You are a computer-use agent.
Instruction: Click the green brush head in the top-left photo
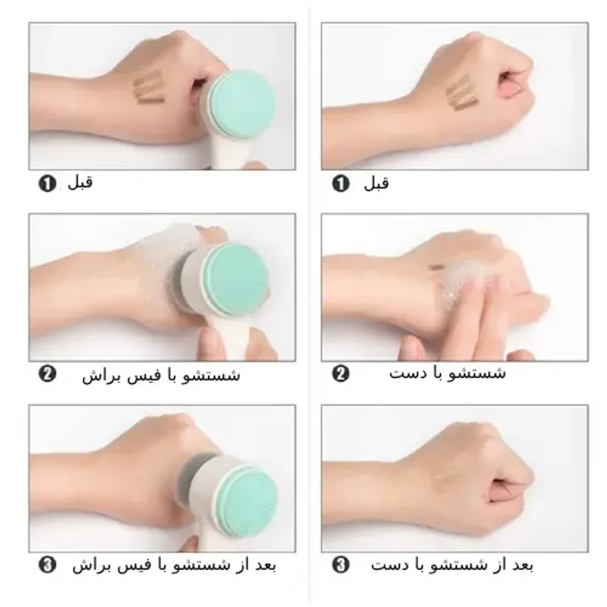(241, 104)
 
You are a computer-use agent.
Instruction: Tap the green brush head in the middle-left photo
(235, 278)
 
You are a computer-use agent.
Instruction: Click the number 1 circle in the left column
(47, 183)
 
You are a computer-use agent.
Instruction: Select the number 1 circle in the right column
(341, 183)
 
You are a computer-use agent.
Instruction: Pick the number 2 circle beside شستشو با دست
(341, 373)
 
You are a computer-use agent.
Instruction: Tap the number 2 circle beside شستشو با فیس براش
(47, 374)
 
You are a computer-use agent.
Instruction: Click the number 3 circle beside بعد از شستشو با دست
(341, 565)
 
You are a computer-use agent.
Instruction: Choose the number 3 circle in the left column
(47, 565)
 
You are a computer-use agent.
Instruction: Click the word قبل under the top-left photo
(80, 182)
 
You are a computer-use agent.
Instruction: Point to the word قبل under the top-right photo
(376, 183)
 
